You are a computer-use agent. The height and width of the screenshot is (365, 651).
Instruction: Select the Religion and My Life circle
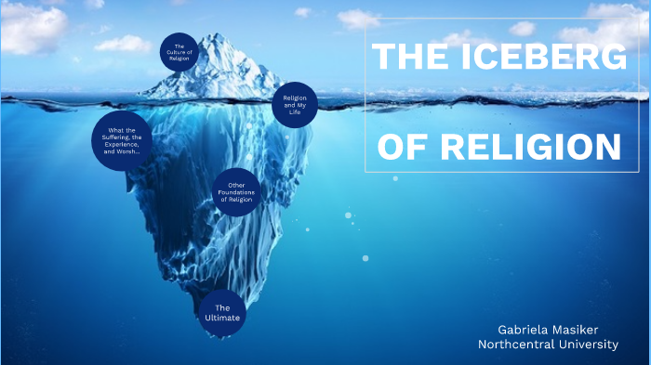pyautogui.click(x=295, y=106)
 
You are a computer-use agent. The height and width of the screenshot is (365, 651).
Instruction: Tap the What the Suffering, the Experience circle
pyautogui.click(x=123, y=141)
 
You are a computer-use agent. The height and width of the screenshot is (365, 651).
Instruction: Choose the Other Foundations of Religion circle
pyautogui.click(x=235, y=193)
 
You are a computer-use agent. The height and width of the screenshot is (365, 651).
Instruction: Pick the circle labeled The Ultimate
pyautogui.click(x=222, y=313)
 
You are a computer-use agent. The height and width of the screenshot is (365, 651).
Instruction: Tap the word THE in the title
pyautogui.click(x=407, y=58)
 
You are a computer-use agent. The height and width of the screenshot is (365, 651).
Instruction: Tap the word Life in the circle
pyautogui.click(x=296, y=113)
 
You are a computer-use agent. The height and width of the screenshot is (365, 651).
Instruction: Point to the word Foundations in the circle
pyautogui.click(x=236, y=193)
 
